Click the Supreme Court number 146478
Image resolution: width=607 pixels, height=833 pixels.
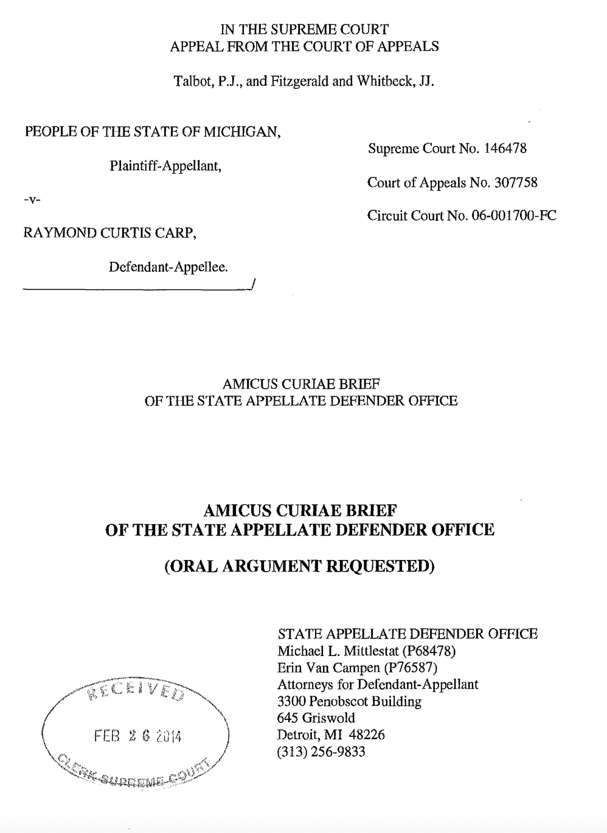tap(505, 148)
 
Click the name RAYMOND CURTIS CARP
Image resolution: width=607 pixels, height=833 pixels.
tap(109, 233)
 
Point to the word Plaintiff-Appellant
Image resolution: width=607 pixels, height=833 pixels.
tap(165, 166)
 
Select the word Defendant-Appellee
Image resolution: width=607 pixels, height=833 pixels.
tap(168, 266)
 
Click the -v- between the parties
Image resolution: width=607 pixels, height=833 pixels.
tap(32, 200)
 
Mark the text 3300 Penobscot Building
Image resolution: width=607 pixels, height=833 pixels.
tap(349, 701)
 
